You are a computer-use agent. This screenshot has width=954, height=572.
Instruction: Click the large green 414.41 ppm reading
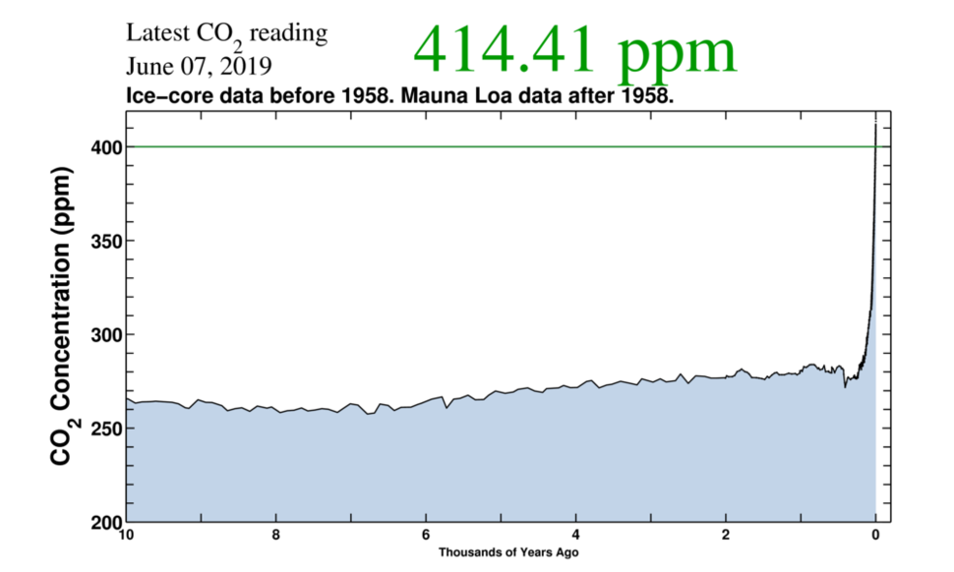click(x=574, y=50)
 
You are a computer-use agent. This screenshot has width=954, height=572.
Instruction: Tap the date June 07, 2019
click(x=200, y=67)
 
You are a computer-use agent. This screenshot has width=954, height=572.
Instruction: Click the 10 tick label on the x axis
click(x=126, y=536)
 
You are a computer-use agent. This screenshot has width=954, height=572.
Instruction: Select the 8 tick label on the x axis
click(x=276, y=536)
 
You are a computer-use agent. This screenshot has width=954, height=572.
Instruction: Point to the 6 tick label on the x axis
click(x=426, y=536)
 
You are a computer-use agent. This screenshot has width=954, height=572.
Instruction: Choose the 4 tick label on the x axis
click(x=576, y=536)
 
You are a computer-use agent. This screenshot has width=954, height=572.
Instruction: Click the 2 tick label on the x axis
click(x=726, y=536)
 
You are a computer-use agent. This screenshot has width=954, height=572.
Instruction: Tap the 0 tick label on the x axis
click(x=875, y=536)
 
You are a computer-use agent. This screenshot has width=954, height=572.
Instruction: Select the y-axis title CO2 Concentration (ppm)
click(x=61, y=317)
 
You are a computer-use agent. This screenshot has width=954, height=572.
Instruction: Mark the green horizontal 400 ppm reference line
click(x=492, y=146)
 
